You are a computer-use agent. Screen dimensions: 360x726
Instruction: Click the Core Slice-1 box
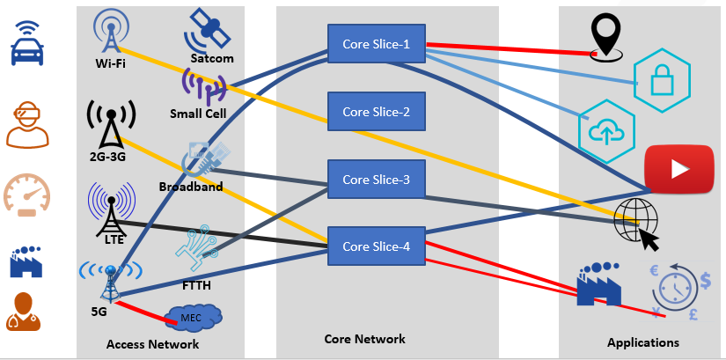[x=376, y=44]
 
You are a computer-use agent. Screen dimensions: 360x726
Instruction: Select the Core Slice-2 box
[x=376, y=112]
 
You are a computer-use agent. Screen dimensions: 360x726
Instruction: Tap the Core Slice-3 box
[x=376, y=179]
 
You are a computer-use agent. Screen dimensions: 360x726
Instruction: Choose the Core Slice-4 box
[x=376, y=246]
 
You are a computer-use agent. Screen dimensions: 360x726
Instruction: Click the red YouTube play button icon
[x=678, y=167]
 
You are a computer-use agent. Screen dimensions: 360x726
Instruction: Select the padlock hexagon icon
[x=661, y=80]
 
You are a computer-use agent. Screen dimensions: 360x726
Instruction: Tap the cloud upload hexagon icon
[x=606, y=129]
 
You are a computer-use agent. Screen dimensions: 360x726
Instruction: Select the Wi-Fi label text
[x=110, y=63]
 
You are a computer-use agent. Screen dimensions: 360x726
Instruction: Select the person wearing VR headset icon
[x=28, y=122]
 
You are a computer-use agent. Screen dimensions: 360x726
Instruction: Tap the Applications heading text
[x=642, y=342]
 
